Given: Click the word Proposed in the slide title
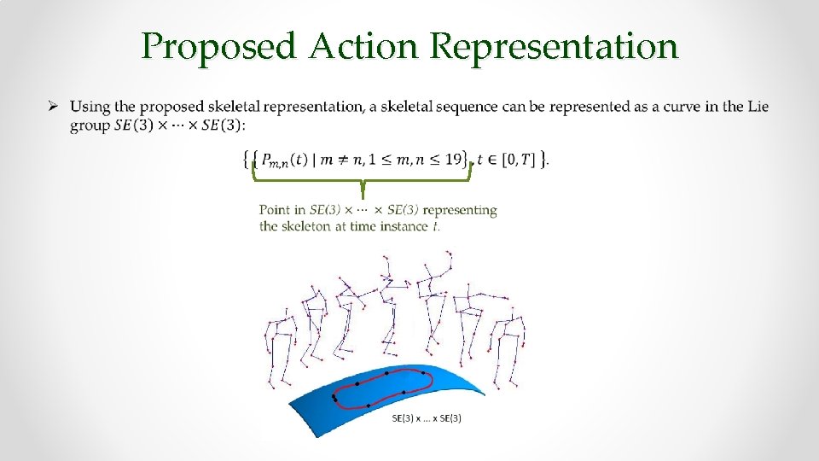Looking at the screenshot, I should click(x=218, y=47).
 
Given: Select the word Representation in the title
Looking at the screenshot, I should click(x=555, y=47).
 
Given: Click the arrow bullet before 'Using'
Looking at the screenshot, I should click(x=52, y=107).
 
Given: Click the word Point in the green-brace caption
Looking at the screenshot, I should click(x=275, y=210).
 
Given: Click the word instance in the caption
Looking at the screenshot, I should click(x=405, y=226).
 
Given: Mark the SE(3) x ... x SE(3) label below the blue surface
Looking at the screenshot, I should click(x=427, y=418).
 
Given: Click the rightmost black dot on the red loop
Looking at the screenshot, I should click(x=423, y=373).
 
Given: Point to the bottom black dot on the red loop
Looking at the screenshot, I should click(x=368, y=406).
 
